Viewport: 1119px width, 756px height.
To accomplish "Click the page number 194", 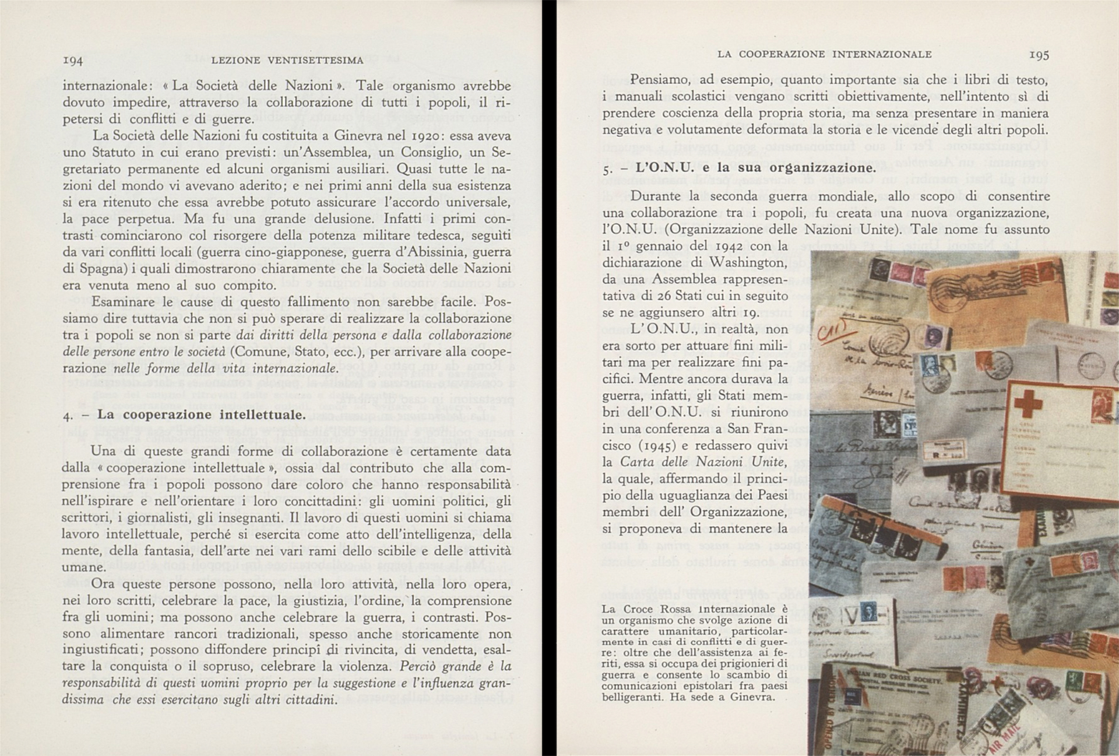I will (73, 60).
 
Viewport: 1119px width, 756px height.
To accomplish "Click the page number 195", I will (1039, 55).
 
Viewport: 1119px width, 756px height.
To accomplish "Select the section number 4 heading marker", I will (68, 415).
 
